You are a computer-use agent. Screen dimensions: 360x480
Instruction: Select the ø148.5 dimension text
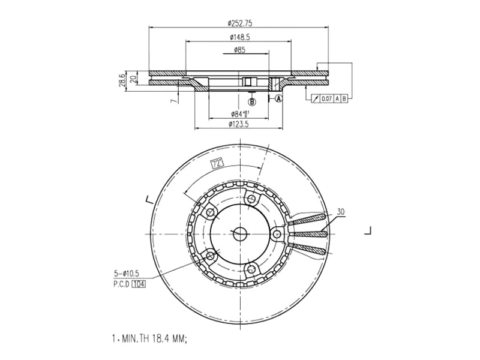pyautogui.click(x=239, y=37)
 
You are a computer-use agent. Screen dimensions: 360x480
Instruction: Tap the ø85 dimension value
pyautogui.click(x=239, y=50)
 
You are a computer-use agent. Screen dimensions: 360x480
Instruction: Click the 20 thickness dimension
pyautogui.click(x=133, y=77)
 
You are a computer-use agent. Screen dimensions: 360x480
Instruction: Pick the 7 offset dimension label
pyautogui.click(x=172, y=101)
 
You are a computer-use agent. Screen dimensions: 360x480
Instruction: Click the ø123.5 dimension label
pyautogui.click(x=239, y=124)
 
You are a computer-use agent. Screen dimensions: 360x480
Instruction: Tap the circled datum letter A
pyautogui.click(x=278, y=99)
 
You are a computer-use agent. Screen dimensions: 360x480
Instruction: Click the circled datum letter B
pyautogui.click(x=252, y=102)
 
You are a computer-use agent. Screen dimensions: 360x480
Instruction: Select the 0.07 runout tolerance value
pyautogui.click(x=326, y=98)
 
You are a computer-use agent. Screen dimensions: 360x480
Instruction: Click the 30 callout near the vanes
pyautogui.click(x=341, y=212)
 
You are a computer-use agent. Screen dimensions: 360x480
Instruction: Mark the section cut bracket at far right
pyautogui.click(x=370, y=230)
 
